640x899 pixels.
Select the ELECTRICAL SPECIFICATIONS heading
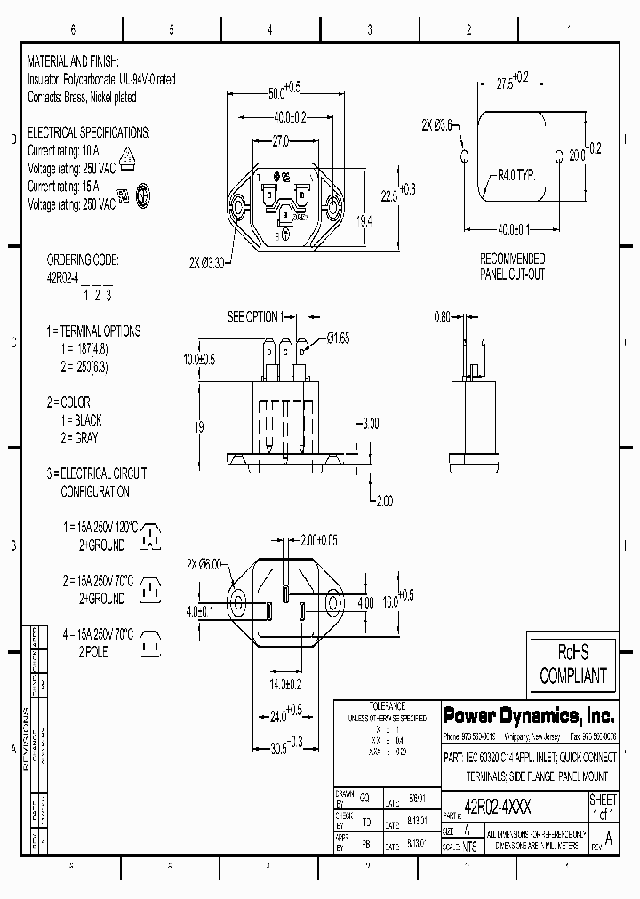coord(89,132)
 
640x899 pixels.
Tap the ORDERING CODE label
coord(82,260)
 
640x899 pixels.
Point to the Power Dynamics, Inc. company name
coord(528,715)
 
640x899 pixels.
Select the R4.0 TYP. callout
coord(517,176)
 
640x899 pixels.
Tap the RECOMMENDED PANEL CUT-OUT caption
coord(512,267)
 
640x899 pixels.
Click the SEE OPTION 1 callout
coord(254,317)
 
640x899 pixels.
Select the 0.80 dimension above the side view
coord(443,317)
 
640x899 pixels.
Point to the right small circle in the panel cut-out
coord(559,156)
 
